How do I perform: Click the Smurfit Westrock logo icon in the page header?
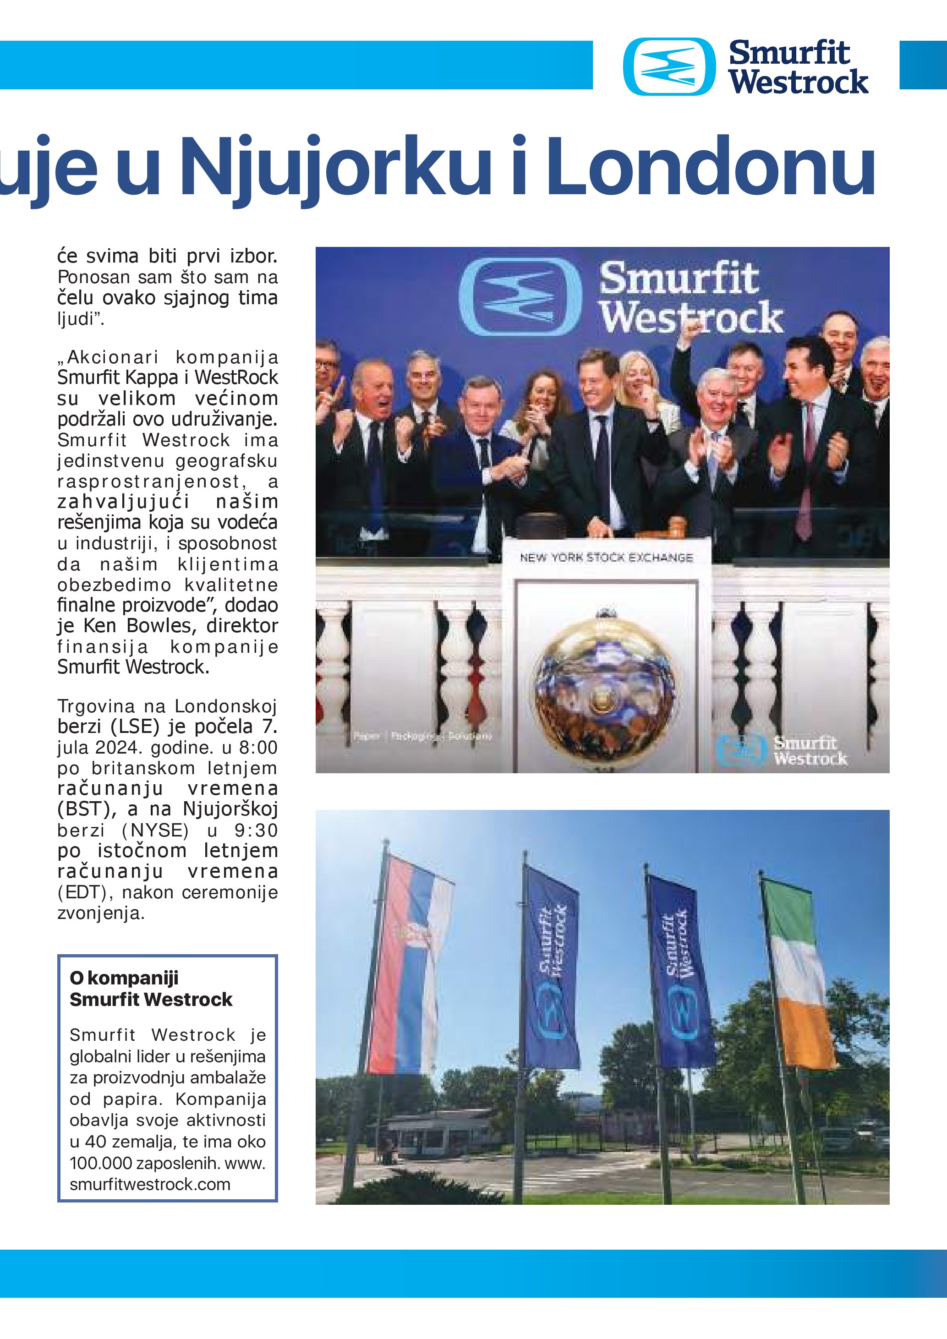coord(669,66)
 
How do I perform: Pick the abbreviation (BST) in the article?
coord(81,809)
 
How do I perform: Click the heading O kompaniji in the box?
coord(124,978)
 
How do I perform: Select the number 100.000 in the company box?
coord(100,1163)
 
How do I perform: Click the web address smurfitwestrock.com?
coord(150,1185)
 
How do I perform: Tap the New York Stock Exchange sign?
coord(607,557)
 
